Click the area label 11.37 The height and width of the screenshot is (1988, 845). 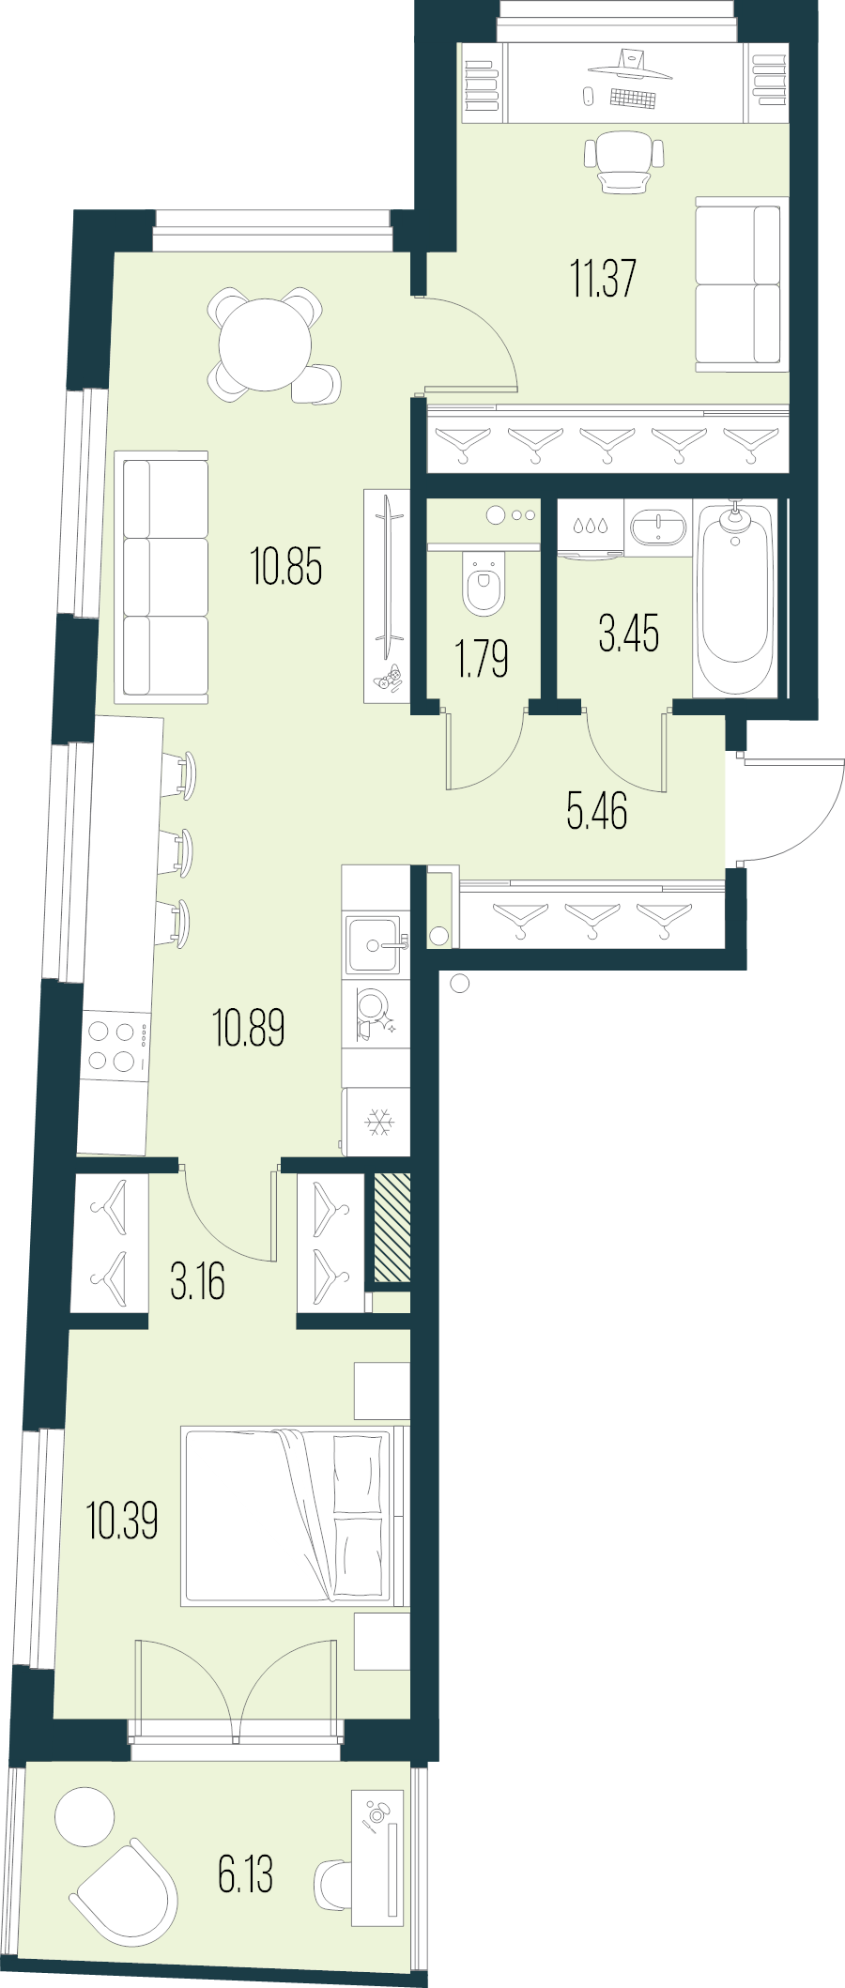[x=603, y=279]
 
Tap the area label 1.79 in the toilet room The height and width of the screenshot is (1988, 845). [x=482, y=658]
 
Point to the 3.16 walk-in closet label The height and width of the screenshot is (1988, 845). [x=197, y=1282]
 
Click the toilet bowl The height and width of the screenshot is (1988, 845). [x=484, y=585]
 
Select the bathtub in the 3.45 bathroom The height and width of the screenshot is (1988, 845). [x=735, y=597]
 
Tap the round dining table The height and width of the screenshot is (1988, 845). [x=265, y=344]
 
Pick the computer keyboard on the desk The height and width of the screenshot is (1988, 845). [x=632, y=99]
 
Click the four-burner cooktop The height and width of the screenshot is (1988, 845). [x=114, y=1047]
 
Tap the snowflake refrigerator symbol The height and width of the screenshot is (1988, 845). [x=378, y=1122]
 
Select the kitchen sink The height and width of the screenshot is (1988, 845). [x=374, y=944]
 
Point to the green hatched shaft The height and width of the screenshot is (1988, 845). [x=392, y=1227]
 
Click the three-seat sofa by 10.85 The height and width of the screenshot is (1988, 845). [x=161, y=577]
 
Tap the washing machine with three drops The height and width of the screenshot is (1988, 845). [x=590, y=528]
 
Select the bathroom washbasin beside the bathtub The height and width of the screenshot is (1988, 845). [x=657, y=527]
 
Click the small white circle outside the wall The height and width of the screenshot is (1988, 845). [x=459, y=984]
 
